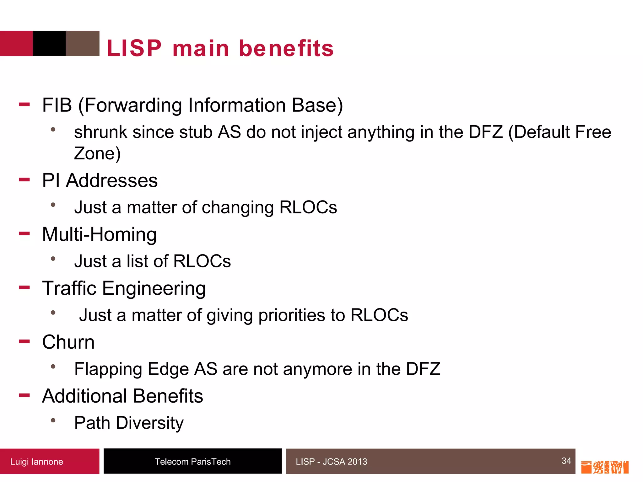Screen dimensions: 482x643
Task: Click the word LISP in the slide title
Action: pyautogui.click(x=134, y=49)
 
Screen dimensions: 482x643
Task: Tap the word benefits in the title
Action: pyautogui.click(x=286, y=49)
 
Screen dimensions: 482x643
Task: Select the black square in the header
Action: pyautogui.click(x=49, y=43)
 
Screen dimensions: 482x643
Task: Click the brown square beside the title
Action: pyautogui.click(x=83, y=43)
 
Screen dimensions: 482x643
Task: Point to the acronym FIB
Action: pyautogui.click(x=57, y=105)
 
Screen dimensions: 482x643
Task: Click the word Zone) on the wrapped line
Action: pyautogui.click(x=97, y=154)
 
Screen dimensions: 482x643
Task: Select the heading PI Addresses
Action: pyautogui.click(x=100, y=181)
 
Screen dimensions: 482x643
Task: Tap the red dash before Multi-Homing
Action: pyautogui.click(x=24, y=233)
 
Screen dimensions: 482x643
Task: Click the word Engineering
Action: pyautogui.click(x=154, y=289)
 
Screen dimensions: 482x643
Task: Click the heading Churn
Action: pyautogui.click(x=68, y=342)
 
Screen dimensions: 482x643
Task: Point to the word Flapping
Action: pyautogui.click(x=108, y=369)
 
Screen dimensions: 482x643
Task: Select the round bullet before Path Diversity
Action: pyautogui.click(x=53, y=420)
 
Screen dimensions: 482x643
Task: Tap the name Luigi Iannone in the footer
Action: pyautogui.click(x=36, y=462)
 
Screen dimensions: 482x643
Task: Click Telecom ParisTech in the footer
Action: pyautogui.click(x=192, y=462)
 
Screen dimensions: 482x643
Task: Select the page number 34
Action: pyautogui.click(x=566, y=461)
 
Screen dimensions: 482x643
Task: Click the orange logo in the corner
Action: pyautogui.click(x=604, y=467)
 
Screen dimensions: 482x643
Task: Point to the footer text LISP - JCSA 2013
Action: pyautogui.click(x=331, y=462)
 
